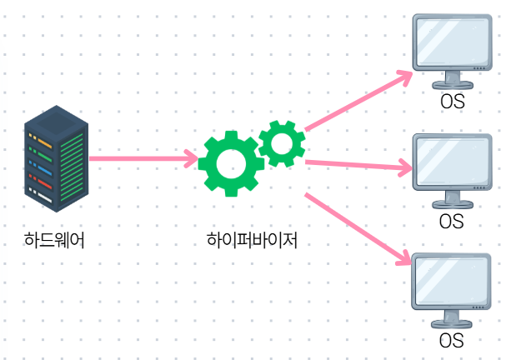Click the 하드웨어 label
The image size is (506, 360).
click(54, 241)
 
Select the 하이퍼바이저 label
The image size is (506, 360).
click(252, 241)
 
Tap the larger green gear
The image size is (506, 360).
click(231, 162)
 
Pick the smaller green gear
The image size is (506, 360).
click(281, 142)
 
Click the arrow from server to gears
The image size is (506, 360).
click(142, 157)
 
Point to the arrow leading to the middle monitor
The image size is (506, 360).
click(358, 166)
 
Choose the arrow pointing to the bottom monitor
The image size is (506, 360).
click(358, 229)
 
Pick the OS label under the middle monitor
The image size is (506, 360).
click(451, 222)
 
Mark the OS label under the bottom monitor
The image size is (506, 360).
click(451, 340)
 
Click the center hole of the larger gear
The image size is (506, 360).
click(231, 162)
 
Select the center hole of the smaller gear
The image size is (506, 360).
click(281, 142)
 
